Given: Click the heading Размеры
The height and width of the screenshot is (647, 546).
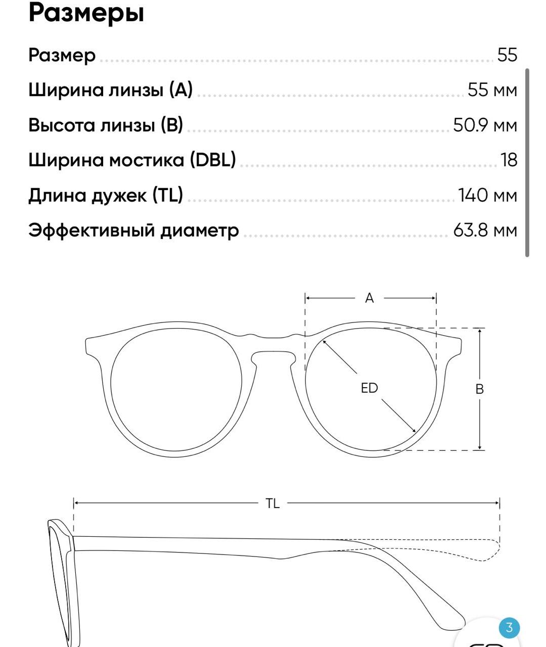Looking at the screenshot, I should (86, 13).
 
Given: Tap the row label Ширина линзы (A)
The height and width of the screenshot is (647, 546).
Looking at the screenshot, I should (110, 90).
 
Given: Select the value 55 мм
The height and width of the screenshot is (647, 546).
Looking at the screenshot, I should (492, 90).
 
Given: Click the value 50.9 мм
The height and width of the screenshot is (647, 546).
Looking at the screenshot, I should (485, 125).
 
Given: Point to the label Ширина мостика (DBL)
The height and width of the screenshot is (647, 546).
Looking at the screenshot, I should (132, 160).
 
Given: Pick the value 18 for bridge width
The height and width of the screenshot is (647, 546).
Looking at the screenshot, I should (509, 160).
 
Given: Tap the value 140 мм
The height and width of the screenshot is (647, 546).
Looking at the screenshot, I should (487, 195).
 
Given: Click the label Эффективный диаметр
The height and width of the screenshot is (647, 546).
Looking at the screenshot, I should (133, 230).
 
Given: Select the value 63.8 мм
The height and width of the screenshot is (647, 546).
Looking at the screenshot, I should (485, 230).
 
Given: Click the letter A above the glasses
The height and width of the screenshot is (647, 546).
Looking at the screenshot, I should (370, 298).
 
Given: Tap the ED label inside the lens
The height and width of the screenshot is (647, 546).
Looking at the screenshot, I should (370, 388).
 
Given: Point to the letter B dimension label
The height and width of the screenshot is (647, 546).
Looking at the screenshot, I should (480, 389).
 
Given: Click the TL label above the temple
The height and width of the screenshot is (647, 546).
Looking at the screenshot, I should (272, 503).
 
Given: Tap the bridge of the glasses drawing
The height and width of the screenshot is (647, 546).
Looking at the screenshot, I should (273, 344).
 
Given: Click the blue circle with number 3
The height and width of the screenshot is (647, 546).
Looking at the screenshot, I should (509, 628).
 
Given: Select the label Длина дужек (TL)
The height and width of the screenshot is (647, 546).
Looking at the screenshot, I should (105, 195).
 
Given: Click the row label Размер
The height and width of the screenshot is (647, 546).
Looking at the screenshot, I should (62, 55).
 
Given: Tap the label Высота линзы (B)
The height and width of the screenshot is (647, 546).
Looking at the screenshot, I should (105, 125).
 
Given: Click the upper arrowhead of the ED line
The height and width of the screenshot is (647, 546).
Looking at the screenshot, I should (325, 342).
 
